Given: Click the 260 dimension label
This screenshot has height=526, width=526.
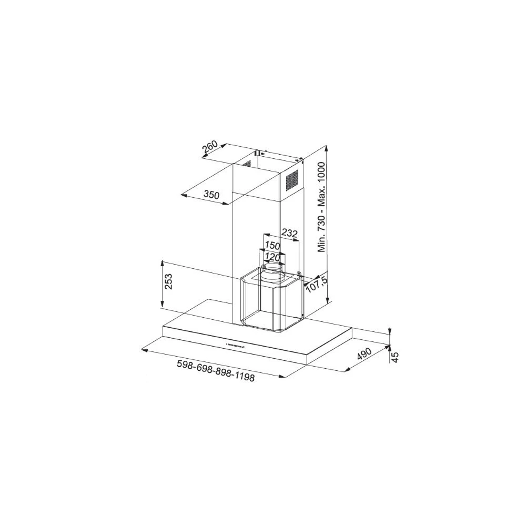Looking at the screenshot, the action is point(210,148).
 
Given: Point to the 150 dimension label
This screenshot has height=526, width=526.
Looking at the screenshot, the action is point(272,245).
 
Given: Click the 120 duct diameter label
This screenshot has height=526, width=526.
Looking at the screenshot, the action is point(272,257).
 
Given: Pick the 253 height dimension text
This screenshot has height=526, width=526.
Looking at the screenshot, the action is point(168,281).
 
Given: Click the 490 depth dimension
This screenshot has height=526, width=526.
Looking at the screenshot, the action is point(364,354).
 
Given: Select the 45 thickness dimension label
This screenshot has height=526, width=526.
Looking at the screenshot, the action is point(396,357).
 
